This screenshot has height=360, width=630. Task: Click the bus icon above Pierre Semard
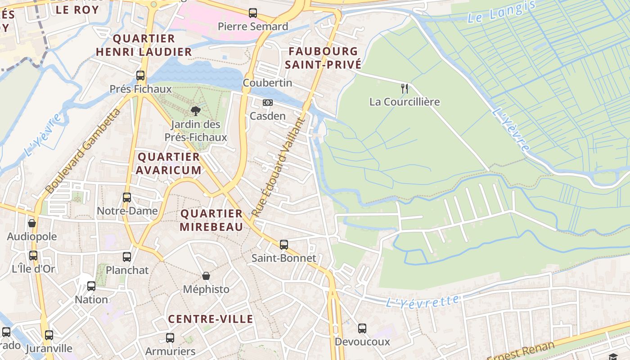click(253, 13)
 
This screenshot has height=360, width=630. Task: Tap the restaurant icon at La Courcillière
click(405, 88)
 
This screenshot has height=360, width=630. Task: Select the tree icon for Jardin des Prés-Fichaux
click(195, 111)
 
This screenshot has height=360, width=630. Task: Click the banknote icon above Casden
click(268, 103)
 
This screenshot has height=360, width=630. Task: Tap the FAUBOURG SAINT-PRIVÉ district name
click(323, 58)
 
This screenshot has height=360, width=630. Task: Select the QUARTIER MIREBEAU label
click(211, 220)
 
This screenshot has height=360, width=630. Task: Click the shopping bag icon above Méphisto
click(206, 275)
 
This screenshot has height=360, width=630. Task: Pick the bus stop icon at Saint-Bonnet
click(284, 244)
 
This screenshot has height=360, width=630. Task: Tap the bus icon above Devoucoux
click(362, 328)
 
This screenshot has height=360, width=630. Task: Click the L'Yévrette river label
click(423, 301)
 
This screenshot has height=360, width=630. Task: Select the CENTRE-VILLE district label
click(211, 319)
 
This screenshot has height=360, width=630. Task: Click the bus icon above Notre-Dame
click(127, 197)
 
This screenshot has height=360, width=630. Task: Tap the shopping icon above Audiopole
click(32, 223)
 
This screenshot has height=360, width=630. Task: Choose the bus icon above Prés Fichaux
click(140, 75)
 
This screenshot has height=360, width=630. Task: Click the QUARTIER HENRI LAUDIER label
click(144, 45)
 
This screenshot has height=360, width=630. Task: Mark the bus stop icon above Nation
click(91, 286)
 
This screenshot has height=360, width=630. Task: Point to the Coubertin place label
click(267, 83)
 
